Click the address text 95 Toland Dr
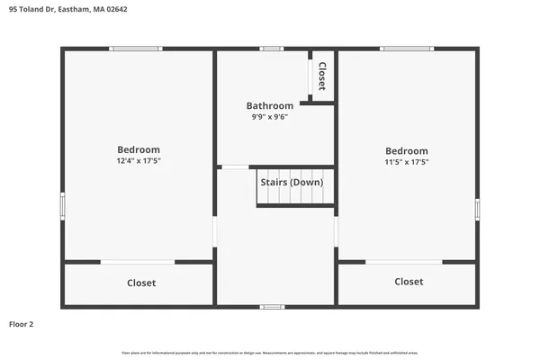pos(31,10)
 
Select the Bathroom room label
pos(270,105)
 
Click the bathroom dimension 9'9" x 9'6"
pos(270,116)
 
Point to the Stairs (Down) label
pos(291,182)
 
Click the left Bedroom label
pos(139,149)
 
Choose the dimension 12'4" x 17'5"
pos(139,160)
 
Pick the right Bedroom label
pos(407,150)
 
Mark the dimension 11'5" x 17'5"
pos(407,162)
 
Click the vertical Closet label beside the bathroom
pos(322,76)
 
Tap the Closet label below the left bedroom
pos(141,283)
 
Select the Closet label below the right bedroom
pos(409,282)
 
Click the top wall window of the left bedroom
pos(136,49)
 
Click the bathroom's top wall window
pos(271,49)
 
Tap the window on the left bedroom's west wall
pos(62,205)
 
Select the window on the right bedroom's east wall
pos(477,209)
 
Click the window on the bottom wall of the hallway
pos(272,307)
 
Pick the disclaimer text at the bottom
pos(270,352)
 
